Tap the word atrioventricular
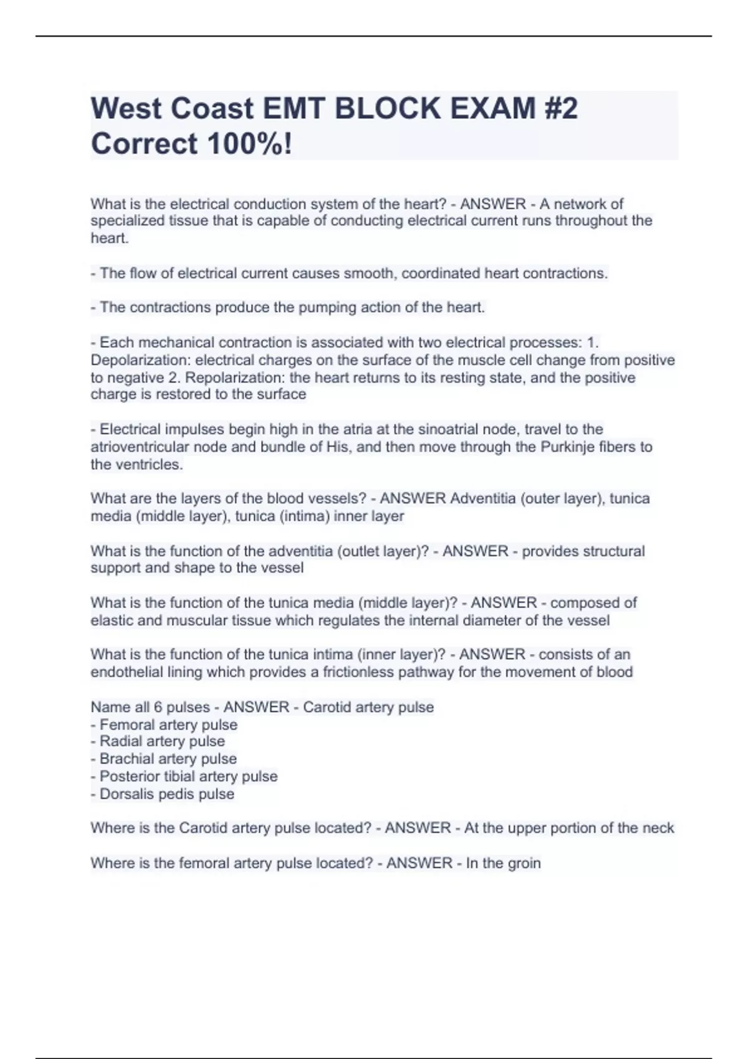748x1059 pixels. coord(140,447)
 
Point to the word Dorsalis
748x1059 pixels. coord(127,794)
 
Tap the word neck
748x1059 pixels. coord(659,828)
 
